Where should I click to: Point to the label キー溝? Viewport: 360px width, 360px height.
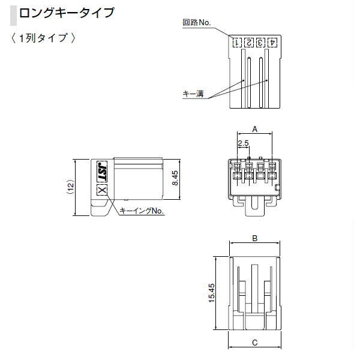193,94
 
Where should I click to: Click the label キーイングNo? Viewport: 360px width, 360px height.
142,211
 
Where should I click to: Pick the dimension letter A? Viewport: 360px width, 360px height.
254,129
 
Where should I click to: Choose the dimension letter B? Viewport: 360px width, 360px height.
254,238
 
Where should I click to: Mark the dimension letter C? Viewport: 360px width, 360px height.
254,343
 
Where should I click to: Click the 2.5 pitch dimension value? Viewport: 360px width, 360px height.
244,143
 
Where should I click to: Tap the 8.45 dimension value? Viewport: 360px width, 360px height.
175,179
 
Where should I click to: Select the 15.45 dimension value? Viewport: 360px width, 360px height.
212,293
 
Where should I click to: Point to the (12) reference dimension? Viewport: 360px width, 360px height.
70,187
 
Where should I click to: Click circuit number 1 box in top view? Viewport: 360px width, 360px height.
238,43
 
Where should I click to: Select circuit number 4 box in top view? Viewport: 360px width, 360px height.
272,43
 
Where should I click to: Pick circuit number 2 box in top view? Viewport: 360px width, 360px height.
249,43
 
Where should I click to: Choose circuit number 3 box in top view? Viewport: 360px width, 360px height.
261,43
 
